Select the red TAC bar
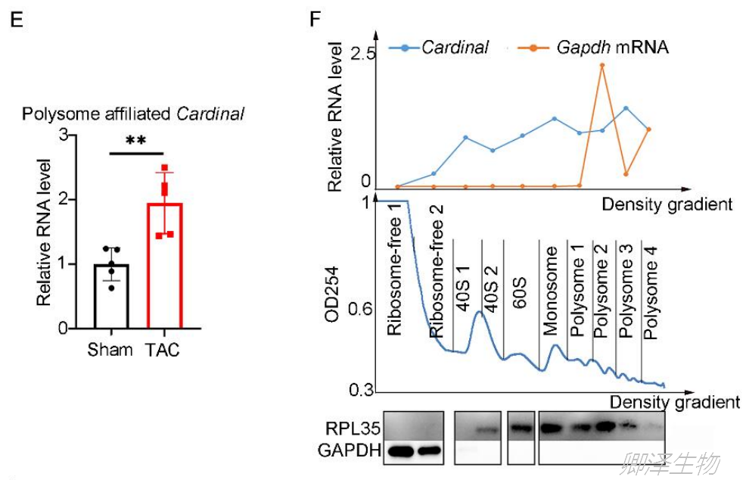pyautogui.click(x=164, y=265)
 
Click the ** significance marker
pyautogui.click(x=135, y=142)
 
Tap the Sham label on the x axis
pyautogui.click(x=110, y=351)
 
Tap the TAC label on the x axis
pyautogui.click(x=163, y=351)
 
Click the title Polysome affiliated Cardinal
pyautogui.click(x=133, y=115)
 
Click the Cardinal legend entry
pyautogui.click(x=455, y=48)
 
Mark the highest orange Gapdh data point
pyautogui.click(x=602, y=66)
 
